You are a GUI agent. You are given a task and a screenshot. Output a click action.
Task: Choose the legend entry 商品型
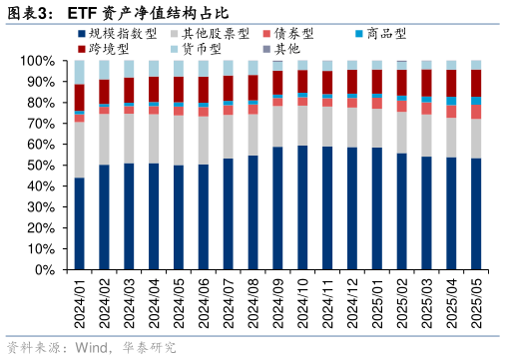[386, 33]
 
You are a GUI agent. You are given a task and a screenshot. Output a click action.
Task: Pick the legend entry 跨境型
[109, 48]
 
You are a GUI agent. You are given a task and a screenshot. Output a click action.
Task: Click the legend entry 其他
[285, 48]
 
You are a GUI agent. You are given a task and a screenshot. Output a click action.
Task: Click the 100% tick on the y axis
[38, 61]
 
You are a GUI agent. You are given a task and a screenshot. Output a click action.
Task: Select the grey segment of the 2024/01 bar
[80, 150]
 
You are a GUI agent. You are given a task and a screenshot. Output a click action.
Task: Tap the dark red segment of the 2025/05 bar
[476, 83]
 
